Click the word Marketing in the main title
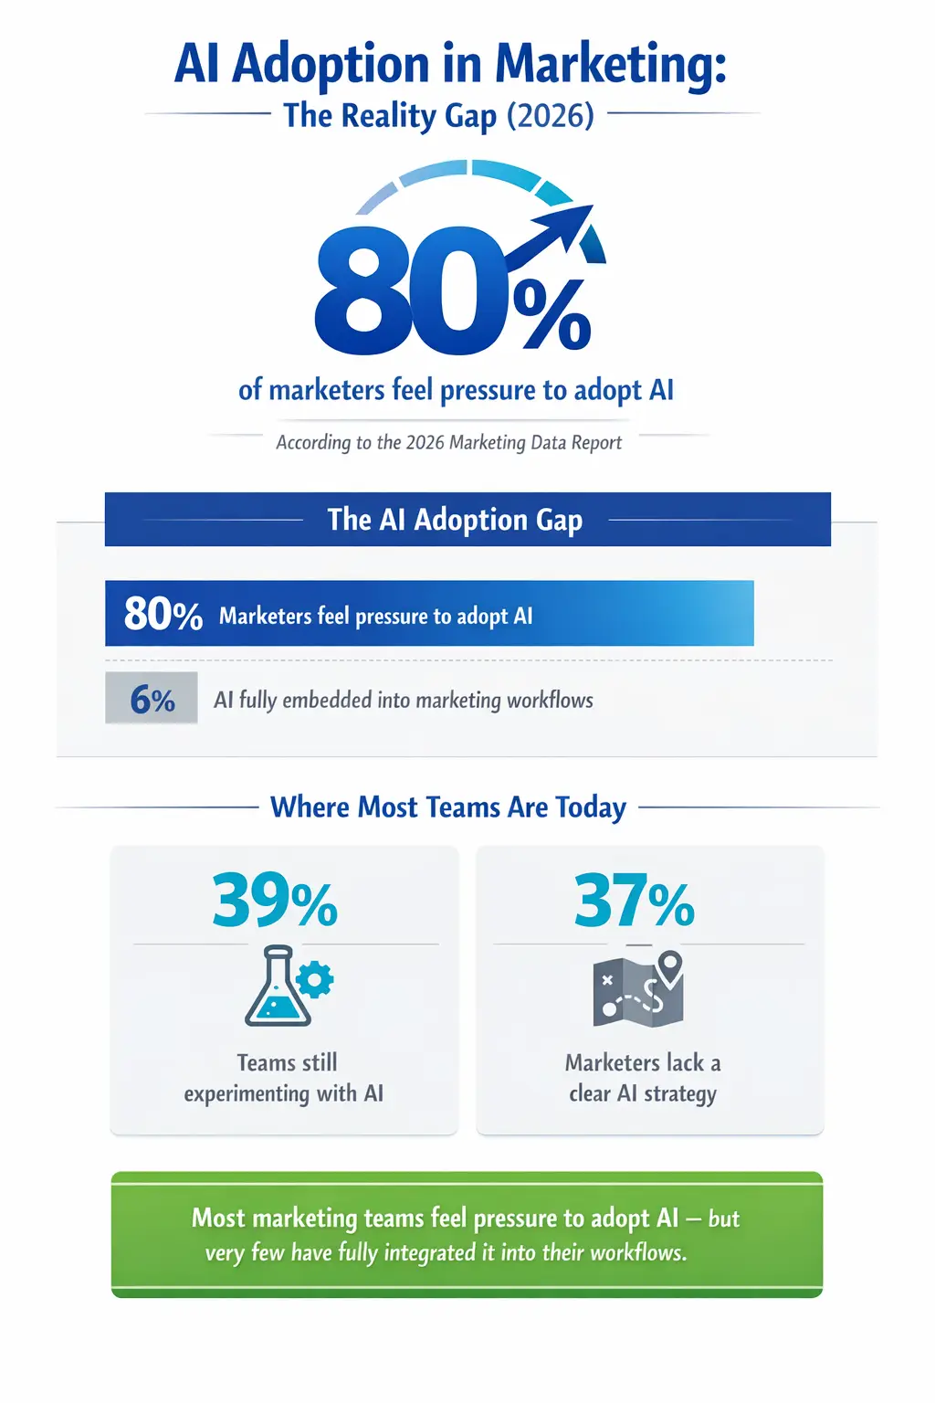[x=610, y=66]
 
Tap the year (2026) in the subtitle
[x=550, y=116]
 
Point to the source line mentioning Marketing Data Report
[x=448, y=443]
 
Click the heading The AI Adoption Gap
[x=455, y=520]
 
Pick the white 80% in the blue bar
[x=163, y=614]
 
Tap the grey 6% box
[x=152, y=699]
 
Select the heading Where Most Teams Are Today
[x=448, y=807]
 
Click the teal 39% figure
[x=274, y=901]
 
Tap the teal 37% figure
[x=634, y=901]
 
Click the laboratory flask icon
[x=275, y=988]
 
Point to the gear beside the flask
[x=315, y=980]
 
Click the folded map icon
[x=634, y=993]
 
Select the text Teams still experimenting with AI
[x=284, y=1078]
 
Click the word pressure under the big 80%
[x=489, y=390]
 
